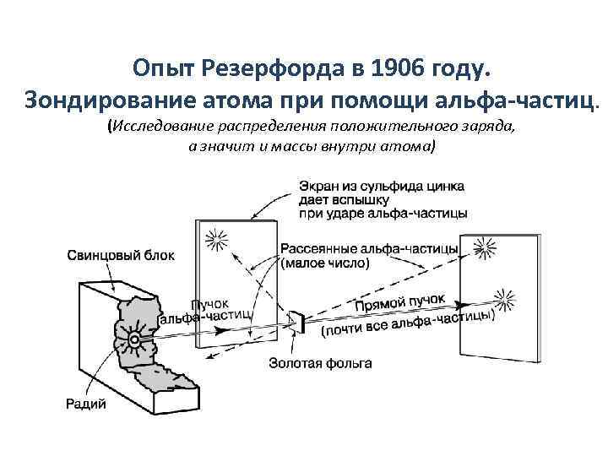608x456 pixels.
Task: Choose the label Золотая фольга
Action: coord(320,365)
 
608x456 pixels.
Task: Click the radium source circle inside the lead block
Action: coord(133,340)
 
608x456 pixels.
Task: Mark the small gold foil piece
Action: coord(297,322)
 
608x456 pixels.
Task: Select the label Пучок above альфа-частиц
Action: coord(209,303)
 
